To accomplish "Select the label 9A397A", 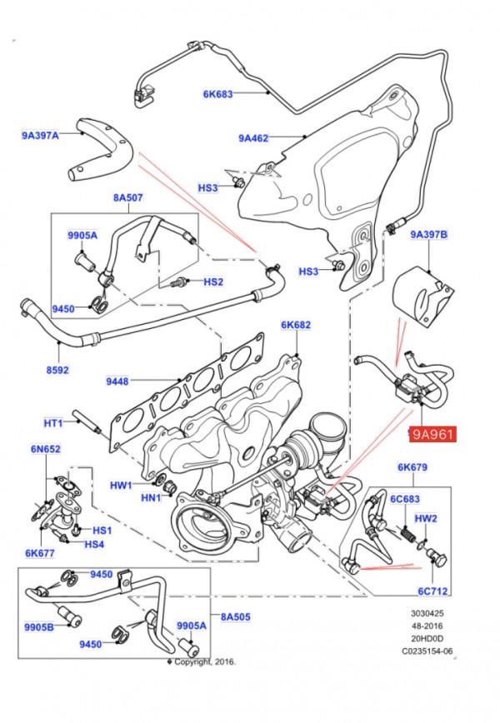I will pyautogui.click(x=41, y=133).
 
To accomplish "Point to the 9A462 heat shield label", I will pyautogui.click(x=253, y=138).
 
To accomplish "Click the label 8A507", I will pyautogui.click(x=128, y=198).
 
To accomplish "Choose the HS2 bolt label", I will pyautogui.click(x=213, y=282).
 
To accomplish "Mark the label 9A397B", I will pyautogui.click(x=429, y=235).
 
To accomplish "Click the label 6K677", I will pyautogui.click(x=39, y=551).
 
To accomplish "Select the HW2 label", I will pyautogui.click(x=427, y=517).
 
